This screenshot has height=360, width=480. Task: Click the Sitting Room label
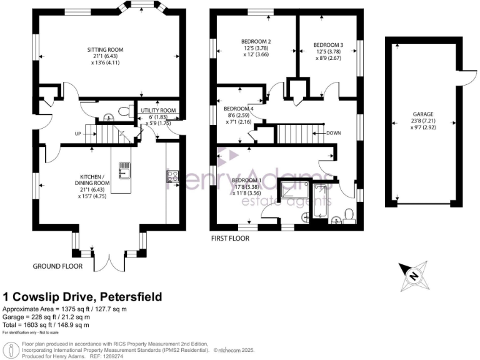click(104, 49)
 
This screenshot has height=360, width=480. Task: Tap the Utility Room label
click(159, 111)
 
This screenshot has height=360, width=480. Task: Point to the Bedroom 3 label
click(328, 45)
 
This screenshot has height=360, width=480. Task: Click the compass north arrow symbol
click(413, 273)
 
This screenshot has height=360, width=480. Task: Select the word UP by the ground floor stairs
click(77, 133)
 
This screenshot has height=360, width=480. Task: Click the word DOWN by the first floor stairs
click(334, 133)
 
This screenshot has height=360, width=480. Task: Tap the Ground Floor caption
click(57, 266)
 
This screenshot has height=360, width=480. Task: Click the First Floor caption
click(230, 238)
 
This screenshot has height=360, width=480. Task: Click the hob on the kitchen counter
click(172, 177)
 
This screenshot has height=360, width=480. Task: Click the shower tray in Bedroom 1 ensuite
click(290, 194)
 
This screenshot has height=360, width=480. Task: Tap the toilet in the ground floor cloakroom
click(124, 112)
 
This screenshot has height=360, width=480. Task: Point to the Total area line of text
click(46, 324)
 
